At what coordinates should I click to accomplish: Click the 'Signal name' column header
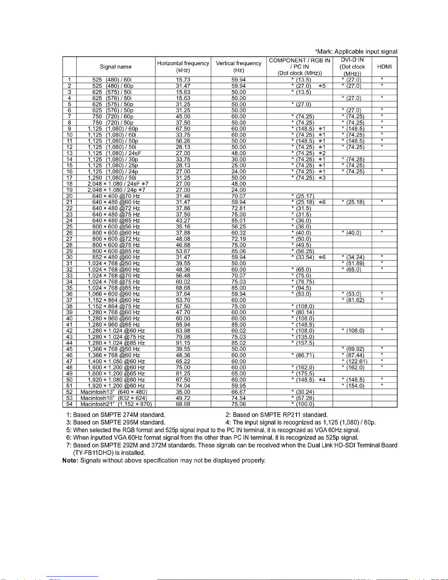point(116,67)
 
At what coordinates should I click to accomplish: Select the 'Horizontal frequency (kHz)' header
point(183,67)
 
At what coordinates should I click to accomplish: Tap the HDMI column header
point(384,67)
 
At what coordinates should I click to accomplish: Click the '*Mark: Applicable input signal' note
point(356,52)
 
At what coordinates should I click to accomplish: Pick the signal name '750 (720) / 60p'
point(113,116)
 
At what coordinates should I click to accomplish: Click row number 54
point(69,404)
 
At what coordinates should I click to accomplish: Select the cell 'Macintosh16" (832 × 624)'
point(114,398)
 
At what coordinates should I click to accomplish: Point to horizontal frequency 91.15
point(183,343)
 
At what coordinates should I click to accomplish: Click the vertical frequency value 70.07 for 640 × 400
point(238,196)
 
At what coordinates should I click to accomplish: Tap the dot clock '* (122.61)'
point(353,362)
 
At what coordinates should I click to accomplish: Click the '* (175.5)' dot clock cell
point(303,374)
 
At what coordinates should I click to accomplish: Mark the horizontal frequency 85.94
point(183,325)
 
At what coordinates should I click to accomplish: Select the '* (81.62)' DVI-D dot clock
point(353,300)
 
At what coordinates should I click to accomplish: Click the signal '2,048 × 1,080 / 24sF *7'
point(118,184)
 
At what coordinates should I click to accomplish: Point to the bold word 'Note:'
point(71,460)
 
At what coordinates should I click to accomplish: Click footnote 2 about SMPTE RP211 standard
point(276,415)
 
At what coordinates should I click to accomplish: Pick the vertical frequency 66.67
point(238,392)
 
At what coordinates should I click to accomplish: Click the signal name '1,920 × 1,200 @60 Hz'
point(116,386)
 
